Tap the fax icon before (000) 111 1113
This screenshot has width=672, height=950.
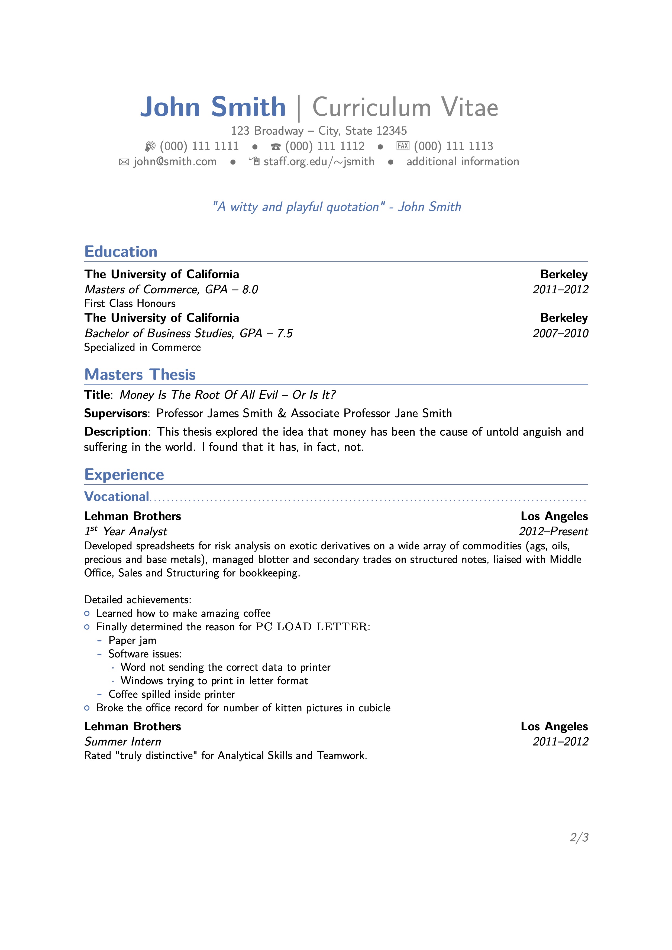pyautogui.click(x=403, y=146)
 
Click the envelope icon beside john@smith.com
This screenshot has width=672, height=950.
pyautogui.click(x=124, y=162)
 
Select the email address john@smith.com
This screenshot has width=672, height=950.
pyautogui.click(x=175, y=161)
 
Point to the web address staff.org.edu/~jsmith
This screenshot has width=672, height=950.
pyautogui.click(x=319, y=161)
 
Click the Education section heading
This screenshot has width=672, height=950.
pyautogui.click(x=121, y=252)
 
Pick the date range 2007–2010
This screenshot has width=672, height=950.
pyautogui.click(x=560, y=333)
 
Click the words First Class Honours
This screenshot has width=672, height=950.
pyautogui.click(x=130, y=303)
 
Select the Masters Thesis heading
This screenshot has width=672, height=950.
pyautogui.click(x=140, y=374)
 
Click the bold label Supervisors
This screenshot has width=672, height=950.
pyautogui.click(x=115, y=413)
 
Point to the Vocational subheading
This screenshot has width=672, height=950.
pyautogui.click(x=117, y=497)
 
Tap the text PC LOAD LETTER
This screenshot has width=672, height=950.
pyautogui.click(x=311, y=627)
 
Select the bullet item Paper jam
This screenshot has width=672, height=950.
pyautogui.click(x=133, y=640)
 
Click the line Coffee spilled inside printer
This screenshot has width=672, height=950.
pyautogui.click(x=171, y=694)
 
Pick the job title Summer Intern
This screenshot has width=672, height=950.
pyautogui.click(x=122, y=741)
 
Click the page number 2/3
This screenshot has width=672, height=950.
pyautogui.click(x=579, y=838)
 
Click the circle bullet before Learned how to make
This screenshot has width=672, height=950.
pyautogui.click(x=87, y=614)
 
